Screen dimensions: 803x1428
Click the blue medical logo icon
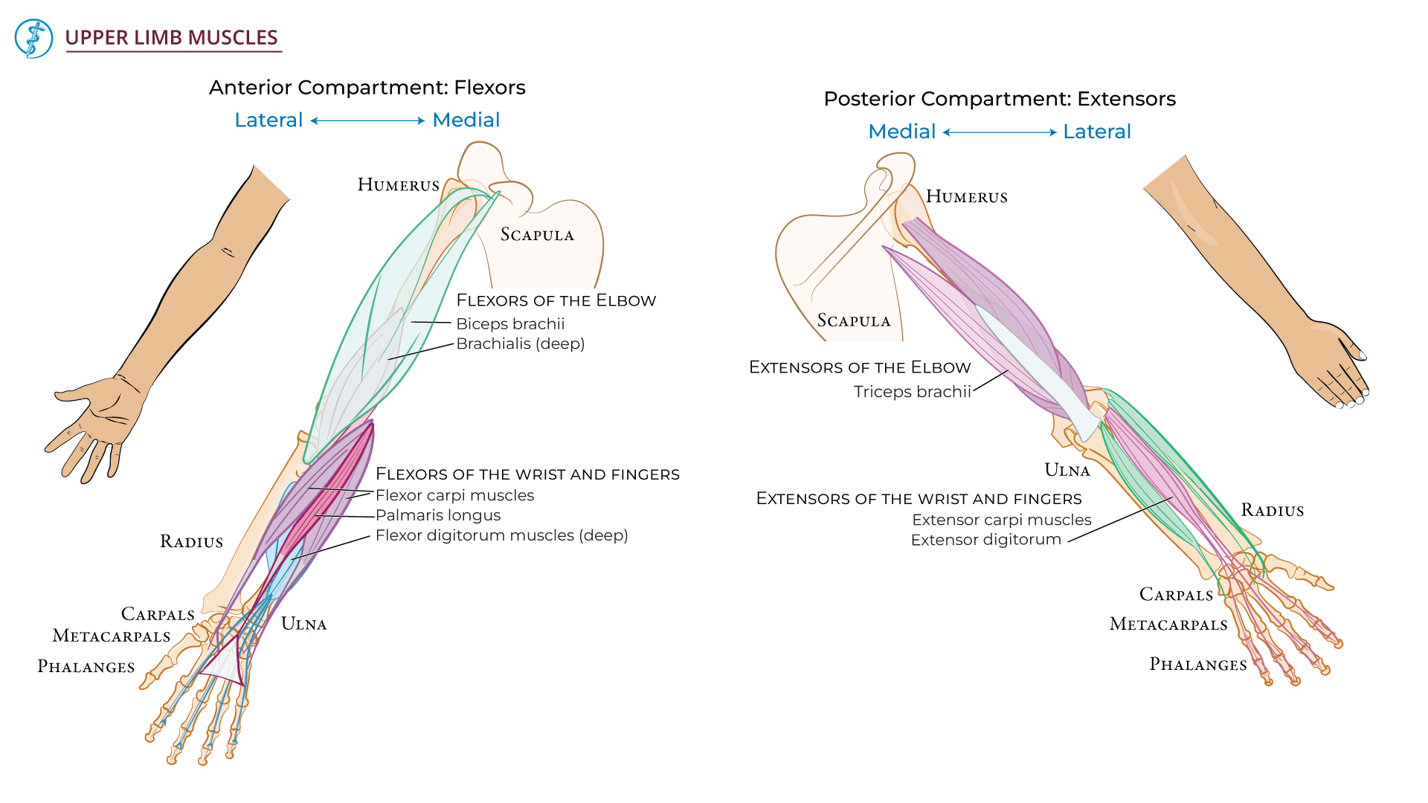click(x=33, y=39)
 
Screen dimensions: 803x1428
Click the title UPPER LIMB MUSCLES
click(x=172, y=38)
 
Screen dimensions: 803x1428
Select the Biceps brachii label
click(x=510, y=324)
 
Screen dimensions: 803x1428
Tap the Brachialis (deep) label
click(x=520, y=344)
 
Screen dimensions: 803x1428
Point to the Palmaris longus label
click(x=437, y=515)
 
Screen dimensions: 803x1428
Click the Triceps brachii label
click(x=912, y=392)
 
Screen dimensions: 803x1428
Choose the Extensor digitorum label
click(x=985, y=540)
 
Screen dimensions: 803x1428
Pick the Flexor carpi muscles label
click(x=454, y=495)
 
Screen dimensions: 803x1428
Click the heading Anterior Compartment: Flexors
click(x=367, y=88)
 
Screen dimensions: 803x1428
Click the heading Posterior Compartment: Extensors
click(x=999, y=99)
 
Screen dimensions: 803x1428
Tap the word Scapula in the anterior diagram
click(x=537, y=235)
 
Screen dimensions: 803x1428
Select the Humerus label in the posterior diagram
click(x=966, y=197)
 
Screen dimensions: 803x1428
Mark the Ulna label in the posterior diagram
click(x=1067, y=471)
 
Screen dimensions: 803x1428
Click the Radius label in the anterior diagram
click(x=191, y=542)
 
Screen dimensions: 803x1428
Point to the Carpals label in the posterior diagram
click(x=1176, y=595)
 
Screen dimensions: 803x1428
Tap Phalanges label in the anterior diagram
click(x=86, y=667)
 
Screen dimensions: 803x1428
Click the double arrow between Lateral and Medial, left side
click(x=367, y=120)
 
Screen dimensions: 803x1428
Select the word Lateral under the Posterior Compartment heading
click(x=1096, y=132)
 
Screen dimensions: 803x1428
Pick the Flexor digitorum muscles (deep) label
click(x=501, y=535)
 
